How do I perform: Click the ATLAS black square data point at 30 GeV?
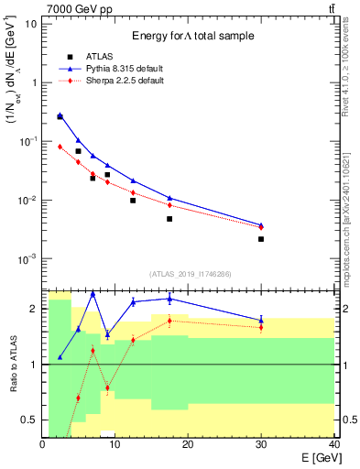click(x=261, y=239)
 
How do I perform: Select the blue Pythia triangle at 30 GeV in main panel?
click(x=261, y=224)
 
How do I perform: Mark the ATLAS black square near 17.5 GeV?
click(x=169, y=219)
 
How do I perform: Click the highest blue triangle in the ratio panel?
click(x=93, y=293)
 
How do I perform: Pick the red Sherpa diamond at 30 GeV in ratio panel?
click(x=261, y=327)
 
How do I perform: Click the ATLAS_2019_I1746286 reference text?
click(x=190, y=274)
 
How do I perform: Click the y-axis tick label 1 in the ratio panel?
click(x=34, y=365)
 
